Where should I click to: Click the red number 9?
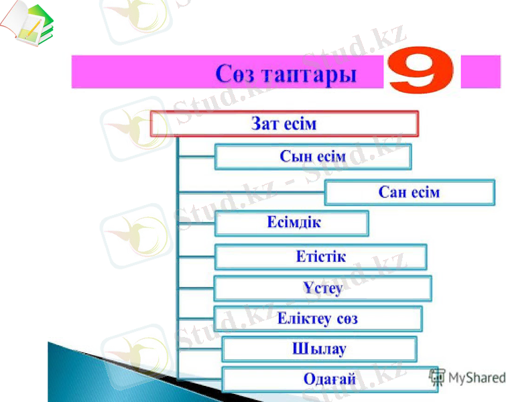[x=421, y=70]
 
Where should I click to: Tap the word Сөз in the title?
[x=234, y=74]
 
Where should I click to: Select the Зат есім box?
[x=284, y=124]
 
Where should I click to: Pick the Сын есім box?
[x=312, y=157]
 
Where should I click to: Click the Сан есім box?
[x=409, y=192]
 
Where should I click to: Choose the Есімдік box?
[x=291, y=222]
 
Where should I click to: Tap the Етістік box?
[x=320, y=256]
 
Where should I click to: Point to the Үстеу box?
[x=322, y=288]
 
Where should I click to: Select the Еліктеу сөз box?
[x=318, y=319]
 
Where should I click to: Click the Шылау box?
[x=319, y=349]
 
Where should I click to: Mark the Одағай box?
[x=329, y=379]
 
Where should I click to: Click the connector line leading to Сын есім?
[x=196, y=157]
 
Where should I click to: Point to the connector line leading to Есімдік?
[x=196, y=223]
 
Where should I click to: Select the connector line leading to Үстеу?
[x=196, y=289]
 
